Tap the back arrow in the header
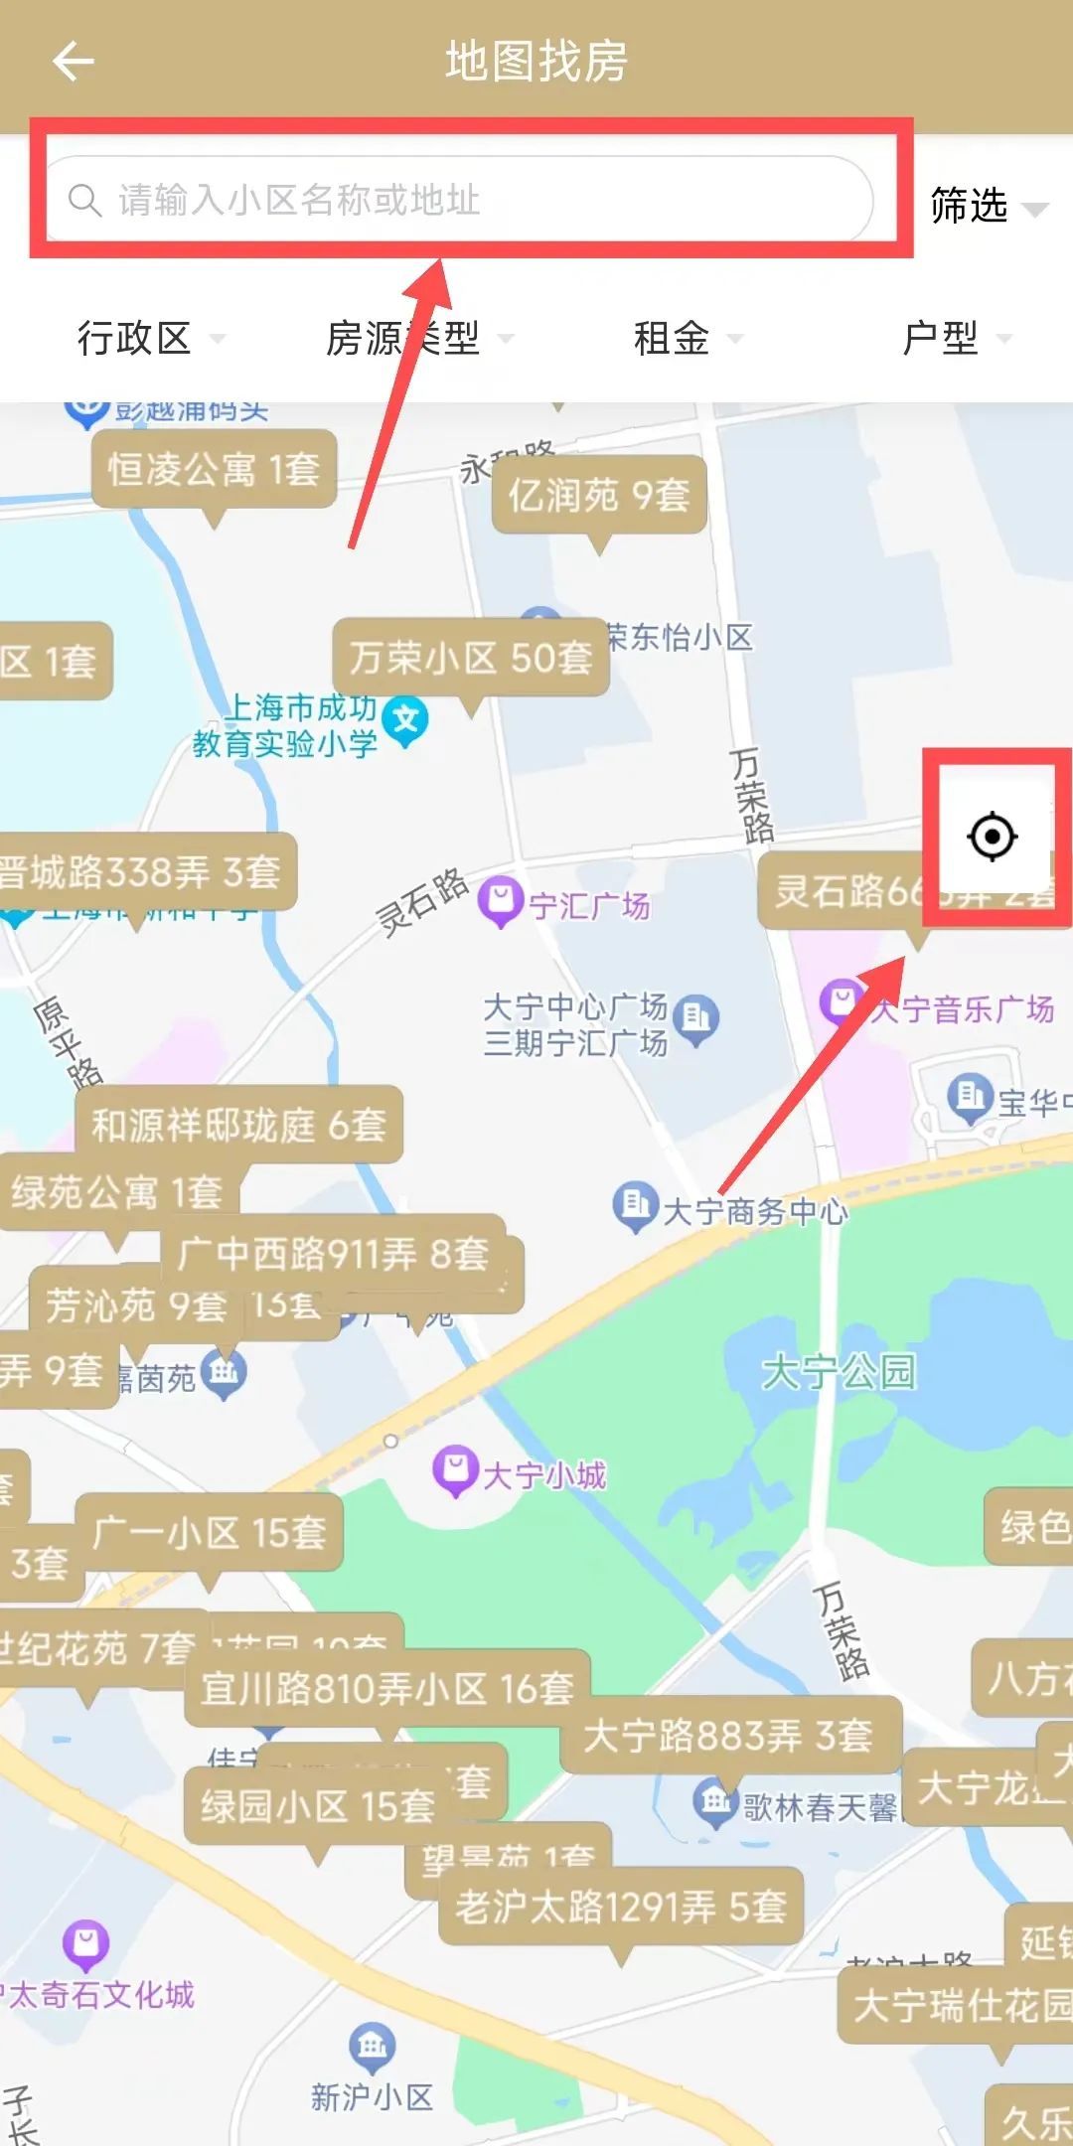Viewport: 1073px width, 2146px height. [73, 62]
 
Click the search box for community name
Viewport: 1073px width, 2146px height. [459, 200]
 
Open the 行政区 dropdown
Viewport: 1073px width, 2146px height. [149, 339]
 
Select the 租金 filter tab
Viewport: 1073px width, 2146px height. [687, 339]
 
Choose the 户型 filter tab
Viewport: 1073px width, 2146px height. [955, 339]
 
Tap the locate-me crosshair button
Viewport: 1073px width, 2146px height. [992, 837]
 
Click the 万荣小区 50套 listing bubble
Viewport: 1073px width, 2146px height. [471, 657]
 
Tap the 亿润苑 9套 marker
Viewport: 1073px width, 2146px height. [598, 494]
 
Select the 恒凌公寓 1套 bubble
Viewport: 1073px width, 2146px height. [214, 469]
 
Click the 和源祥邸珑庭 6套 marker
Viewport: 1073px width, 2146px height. [238, 1125]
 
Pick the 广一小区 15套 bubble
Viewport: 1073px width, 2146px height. [209, 1532]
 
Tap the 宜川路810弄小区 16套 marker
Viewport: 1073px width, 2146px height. [387, 1688]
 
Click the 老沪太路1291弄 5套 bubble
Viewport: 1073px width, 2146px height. [621, 1906]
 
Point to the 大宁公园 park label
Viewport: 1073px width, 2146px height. [838, 1372]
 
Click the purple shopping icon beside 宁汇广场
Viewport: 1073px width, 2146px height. [501, 901]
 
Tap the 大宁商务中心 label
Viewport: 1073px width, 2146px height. [754, 1211]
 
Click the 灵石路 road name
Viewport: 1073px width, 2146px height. [422, 901]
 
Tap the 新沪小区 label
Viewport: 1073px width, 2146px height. [372, 2096]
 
